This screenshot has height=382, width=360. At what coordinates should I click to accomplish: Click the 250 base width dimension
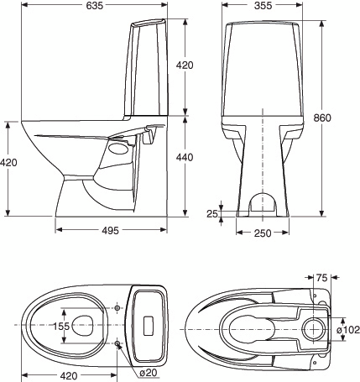(x=262, y=233)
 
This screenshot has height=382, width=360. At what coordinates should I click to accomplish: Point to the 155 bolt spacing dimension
(x=58, y=326)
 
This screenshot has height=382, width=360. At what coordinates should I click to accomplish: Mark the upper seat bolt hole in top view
(x=117, y=306)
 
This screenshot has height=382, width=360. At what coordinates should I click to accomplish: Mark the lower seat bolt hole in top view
(x=117, y=344)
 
